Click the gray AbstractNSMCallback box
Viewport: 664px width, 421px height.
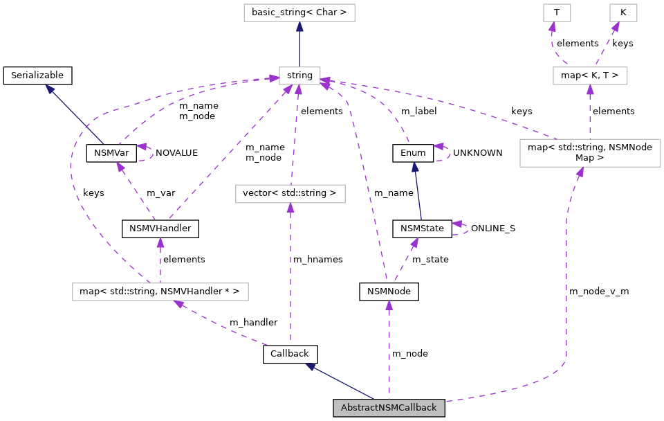click(389, 408)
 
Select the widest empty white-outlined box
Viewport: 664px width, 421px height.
click(160, 292)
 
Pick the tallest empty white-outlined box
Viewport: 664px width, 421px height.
click(590, 153)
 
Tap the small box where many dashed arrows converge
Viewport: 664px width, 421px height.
click(299, 76)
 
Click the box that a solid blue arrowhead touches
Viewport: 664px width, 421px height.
click(299, 12)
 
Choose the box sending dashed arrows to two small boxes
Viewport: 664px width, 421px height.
click(590, 76)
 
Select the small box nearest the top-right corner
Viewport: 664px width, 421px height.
click(623, 12)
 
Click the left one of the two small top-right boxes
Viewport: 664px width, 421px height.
click(557, 12)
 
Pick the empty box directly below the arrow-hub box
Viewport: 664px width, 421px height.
click(290, 194)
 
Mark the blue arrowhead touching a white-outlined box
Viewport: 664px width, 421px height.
click(299, 27)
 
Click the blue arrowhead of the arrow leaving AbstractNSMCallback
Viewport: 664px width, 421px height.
click(311, 366)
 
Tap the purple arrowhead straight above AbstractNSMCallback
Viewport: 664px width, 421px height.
click(389, 305)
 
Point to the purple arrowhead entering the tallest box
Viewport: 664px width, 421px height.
click(580, 172)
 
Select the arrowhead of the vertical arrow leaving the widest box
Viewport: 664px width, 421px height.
click(160, 243)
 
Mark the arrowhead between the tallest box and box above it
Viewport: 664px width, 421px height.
click(590, 90)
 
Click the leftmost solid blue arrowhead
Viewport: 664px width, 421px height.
click(50, 89)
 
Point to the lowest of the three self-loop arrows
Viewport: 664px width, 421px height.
click(458, 224)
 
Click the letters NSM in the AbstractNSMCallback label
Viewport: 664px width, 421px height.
click(384, 408)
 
